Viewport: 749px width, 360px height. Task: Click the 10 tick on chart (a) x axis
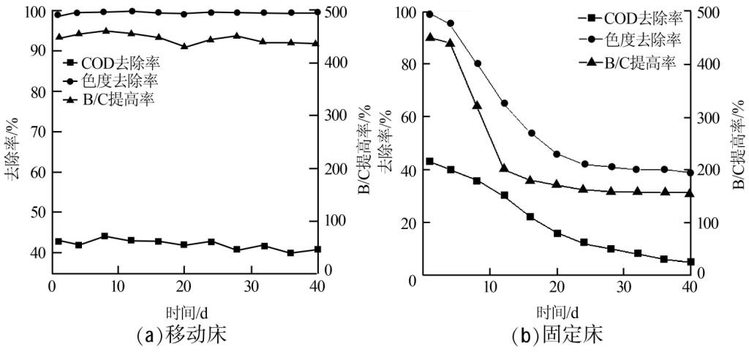[x=118, y=285]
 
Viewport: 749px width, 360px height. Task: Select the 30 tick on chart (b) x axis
[x=623, y=285]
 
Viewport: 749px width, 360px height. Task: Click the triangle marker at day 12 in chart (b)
[x=504, y=168]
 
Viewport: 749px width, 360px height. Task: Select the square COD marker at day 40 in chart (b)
[x=689, y=262]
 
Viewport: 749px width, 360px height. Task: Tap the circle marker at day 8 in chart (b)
[x=477, y=63]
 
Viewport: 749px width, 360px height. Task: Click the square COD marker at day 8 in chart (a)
[x=105, y=236]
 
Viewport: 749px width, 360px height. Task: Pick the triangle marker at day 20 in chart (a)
[x=184, y=45]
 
